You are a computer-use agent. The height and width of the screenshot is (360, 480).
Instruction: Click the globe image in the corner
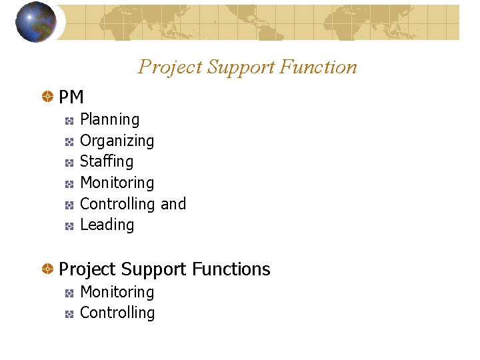point(35,22)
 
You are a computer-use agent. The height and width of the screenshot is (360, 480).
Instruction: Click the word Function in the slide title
point(319,67)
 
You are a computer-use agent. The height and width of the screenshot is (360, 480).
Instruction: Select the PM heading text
point(71,97)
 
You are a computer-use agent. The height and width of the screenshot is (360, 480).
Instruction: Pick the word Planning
point(109,120)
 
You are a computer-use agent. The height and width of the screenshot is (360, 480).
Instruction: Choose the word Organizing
point(117,141)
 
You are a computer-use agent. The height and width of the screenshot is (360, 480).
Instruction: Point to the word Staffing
point(107,161)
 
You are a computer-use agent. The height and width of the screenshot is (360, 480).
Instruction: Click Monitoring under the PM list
point(117,183)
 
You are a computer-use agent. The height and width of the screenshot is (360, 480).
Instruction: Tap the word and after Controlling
point(173,204)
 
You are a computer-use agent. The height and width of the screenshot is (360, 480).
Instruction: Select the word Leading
point(107,225)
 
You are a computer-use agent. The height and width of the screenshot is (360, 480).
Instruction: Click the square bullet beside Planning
point(69,121)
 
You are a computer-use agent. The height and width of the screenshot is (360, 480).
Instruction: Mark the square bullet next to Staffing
point(69,162)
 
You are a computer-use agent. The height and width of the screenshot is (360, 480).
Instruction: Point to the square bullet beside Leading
point(69,226)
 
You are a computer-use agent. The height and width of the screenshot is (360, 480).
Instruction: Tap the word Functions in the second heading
point(231,269)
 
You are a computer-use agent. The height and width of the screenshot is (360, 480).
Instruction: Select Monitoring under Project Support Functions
point(117,292)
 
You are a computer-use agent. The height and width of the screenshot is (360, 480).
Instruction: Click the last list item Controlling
point(117,313)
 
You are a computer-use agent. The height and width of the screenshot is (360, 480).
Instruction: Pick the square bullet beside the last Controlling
point(69,313)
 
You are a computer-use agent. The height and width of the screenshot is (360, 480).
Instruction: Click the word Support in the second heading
point(155,269)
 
